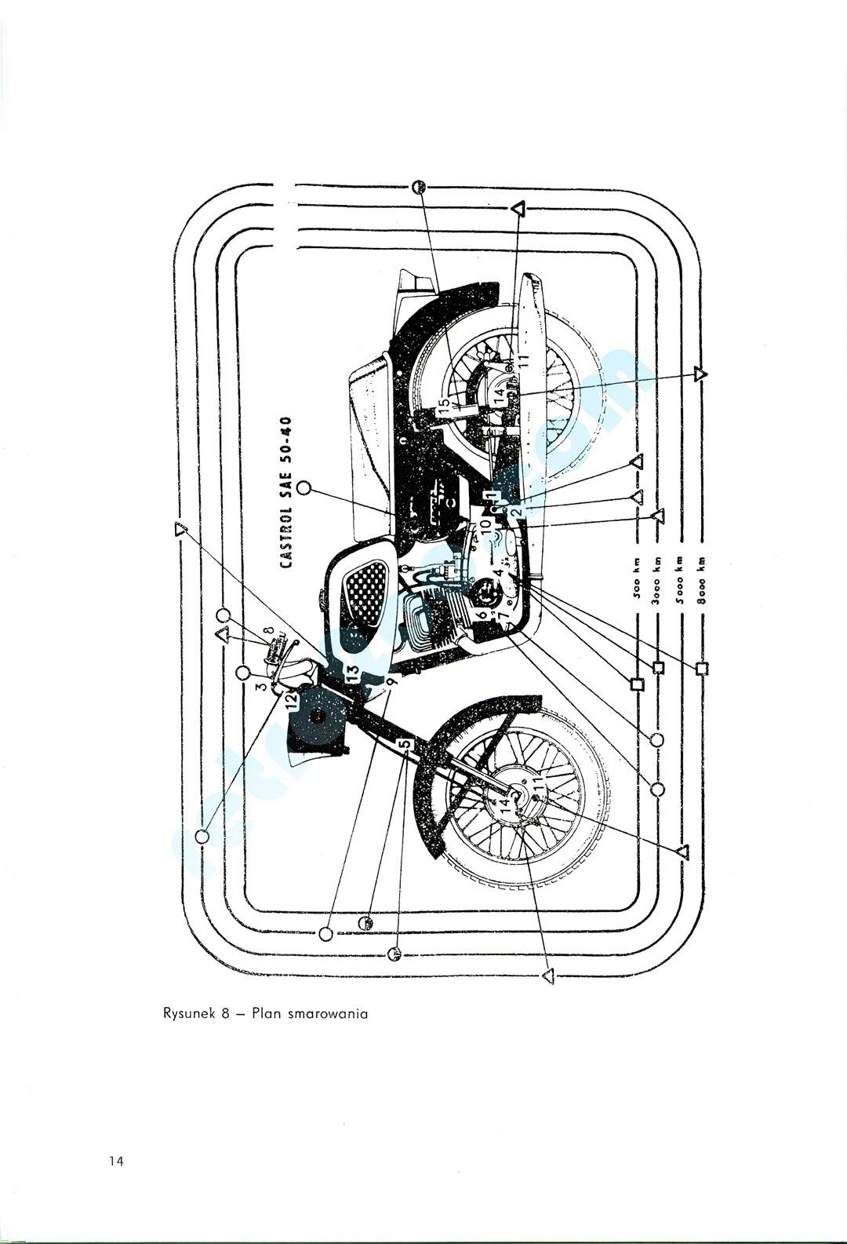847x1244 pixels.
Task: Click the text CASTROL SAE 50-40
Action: tap(287, 491)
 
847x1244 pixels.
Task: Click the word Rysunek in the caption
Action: tap(186, 1013)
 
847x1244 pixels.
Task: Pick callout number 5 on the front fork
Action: tap(403, 744)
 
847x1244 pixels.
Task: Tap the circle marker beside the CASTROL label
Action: tap(305, 488)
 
